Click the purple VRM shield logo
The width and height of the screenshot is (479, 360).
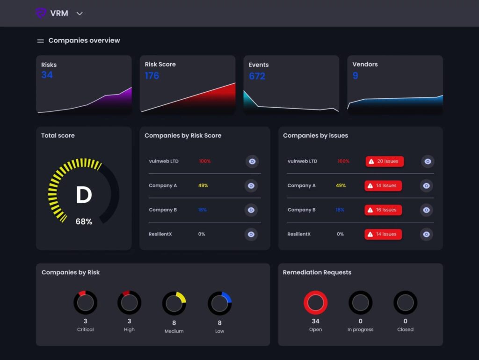coord(41,13)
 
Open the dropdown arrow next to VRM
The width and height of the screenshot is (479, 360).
coord(80,14)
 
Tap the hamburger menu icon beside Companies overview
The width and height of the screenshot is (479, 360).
coord(41,41)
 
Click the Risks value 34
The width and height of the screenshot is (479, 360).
coord(47,75)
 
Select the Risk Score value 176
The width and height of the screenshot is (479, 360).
coord(152,75)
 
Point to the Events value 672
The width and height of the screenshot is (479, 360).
coord(257,76)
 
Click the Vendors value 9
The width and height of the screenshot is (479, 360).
coord(355,75)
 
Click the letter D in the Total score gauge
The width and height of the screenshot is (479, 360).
coord(84,195)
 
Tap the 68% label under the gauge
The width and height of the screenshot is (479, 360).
coord(84,221)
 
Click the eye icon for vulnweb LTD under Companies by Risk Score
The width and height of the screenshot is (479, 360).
coord(252,162)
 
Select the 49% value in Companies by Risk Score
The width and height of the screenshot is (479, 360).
coord(203,186)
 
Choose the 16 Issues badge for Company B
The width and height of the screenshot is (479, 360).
coord(383,210)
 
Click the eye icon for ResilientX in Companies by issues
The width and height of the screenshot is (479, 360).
coord(426,234)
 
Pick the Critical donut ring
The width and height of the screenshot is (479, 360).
coord(85,303)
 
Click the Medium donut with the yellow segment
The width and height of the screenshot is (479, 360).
coord(174,303)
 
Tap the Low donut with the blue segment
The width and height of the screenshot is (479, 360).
coord(219,304)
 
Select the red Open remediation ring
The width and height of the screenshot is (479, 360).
coord(316,302)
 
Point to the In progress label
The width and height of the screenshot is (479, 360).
coord(360,330)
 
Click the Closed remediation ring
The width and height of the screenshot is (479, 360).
coord(405,302)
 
